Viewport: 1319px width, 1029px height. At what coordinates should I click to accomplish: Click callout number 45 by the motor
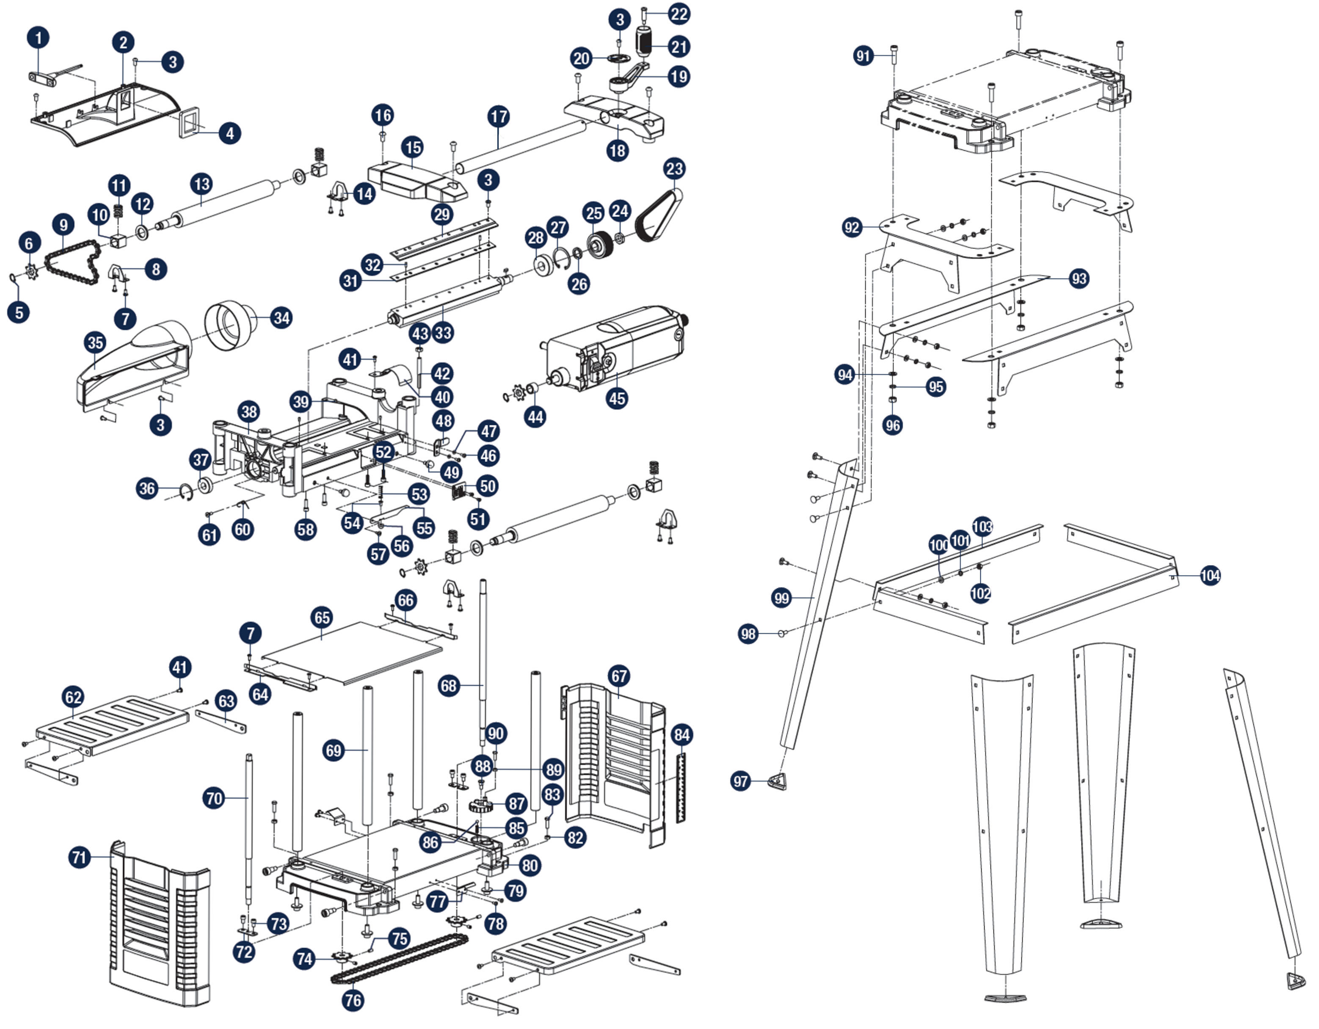pyautogui.click(x=617, y=399)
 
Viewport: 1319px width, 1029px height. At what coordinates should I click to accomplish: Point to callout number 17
pyautogui.click(x=499, y=116)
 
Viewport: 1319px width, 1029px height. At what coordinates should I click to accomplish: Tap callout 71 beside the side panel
pyautogui.click(x=80, y=858)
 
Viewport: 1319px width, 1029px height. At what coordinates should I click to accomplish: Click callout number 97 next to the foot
pyautogui.click(x=741, y=781)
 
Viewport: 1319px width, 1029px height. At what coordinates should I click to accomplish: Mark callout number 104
pyautogui.click(x=1210, y=576)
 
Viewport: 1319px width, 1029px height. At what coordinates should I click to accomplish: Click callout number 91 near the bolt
pyautogui.click(x=864, y=56)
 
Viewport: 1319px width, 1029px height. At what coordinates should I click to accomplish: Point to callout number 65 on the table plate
pyautogui.click(x=322, y=617)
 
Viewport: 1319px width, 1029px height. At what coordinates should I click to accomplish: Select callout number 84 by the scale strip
pyautogui.click(x=681, y=735)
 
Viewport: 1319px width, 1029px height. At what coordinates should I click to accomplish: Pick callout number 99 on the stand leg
pyautogui.click(x=781, y=598)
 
